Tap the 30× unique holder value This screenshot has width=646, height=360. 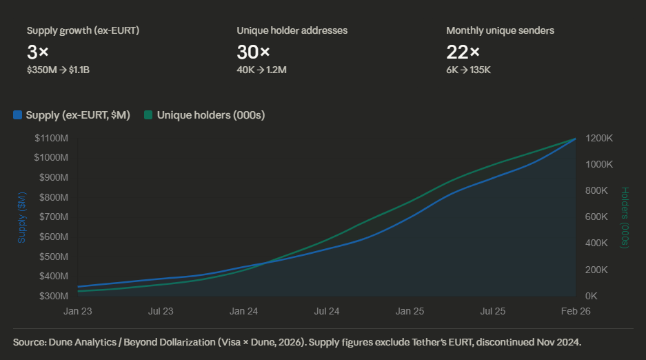point(253,51)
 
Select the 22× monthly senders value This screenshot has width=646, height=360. point(463,51)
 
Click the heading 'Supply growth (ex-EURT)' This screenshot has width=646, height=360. point(83,30)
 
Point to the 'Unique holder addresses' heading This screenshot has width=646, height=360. point(292,30)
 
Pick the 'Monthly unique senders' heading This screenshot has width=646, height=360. point(500,30)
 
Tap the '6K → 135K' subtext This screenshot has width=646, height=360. point(468,70)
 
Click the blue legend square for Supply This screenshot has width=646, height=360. point(17,115)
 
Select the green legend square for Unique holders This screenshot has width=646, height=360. point(148,115)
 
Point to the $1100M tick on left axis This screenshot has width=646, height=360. point(51,138)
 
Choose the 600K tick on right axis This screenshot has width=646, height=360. point(596,217)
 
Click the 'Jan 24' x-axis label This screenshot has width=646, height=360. point(243,311)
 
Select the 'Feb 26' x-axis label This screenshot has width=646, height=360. point(575,311)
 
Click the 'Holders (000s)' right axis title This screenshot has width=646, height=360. point(625,217)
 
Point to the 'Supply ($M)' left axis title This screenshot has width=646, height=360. point(21,217)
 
